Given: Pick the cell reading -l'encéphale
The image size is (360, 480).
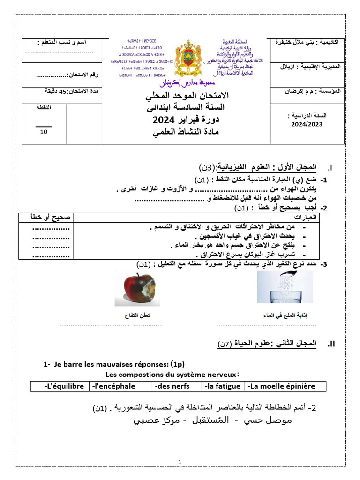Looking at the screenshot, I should [114, 386].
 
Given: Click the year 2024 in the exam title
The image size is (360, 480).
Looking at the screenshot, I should [163, 120].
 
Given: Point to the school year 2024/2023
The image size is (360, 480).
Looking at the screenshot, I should [307, 124].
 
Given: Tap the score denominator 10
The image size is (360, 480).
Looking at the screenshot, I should [44, 132].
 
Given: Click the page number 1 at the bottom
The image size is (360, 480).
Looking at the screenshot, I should [180, 462].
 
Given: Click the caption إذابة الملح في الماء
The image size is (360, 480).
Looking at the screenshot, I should [288, 316].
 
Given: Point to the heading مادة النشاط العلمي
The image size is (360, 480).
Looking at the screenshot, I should [186, 132].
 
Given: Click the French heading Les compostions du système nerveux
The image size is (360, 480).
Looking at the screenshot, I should [172, 374].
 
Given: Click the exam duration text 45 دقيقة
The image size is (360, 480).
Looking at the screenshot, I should [49, 91].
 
